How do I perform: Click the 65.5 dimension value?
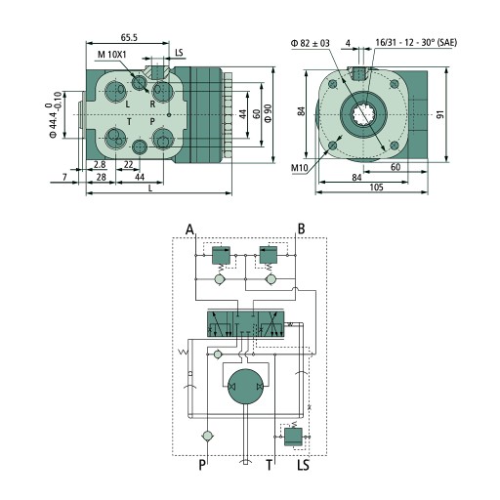[129, 38]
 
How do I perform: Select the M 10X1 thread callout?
[111, 55]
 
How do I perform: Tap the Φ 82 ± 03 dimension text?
[310, 43]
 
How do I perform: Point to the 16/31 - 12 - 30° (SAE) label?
[416, 42]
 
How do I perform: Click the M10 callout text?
[299, 168]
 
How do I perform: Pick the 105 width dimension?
[376, 187]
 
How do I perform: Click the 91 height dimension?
[440, 114]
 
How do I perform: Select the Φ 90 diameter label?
[268, 113]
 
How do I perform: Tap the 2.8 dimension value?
[100, 165]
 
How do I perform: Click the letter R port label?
[152, 104]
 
